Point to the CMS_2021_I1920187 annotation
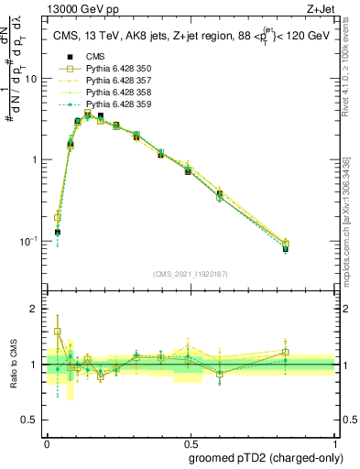point(190,272)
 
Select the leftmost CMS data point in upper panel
point(58,232)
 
